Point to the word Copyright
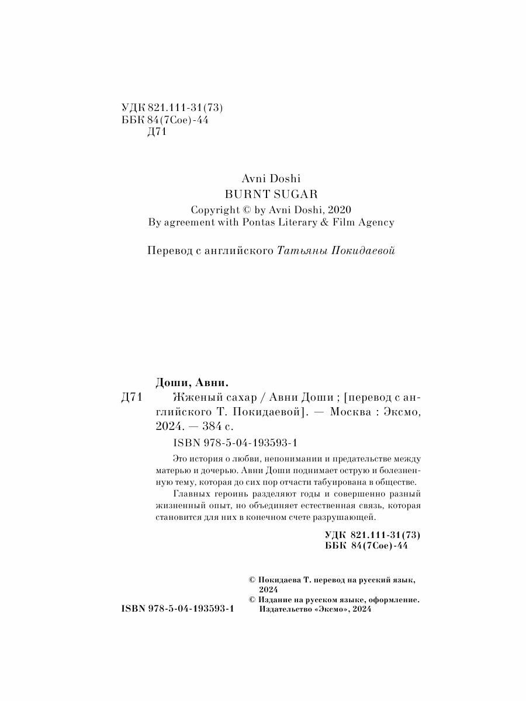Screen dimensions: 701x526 pyautogui.click(x=216, y=209)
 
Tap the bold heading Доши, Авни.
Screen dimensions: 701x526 pyautogui.click(x=192, y=383)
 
